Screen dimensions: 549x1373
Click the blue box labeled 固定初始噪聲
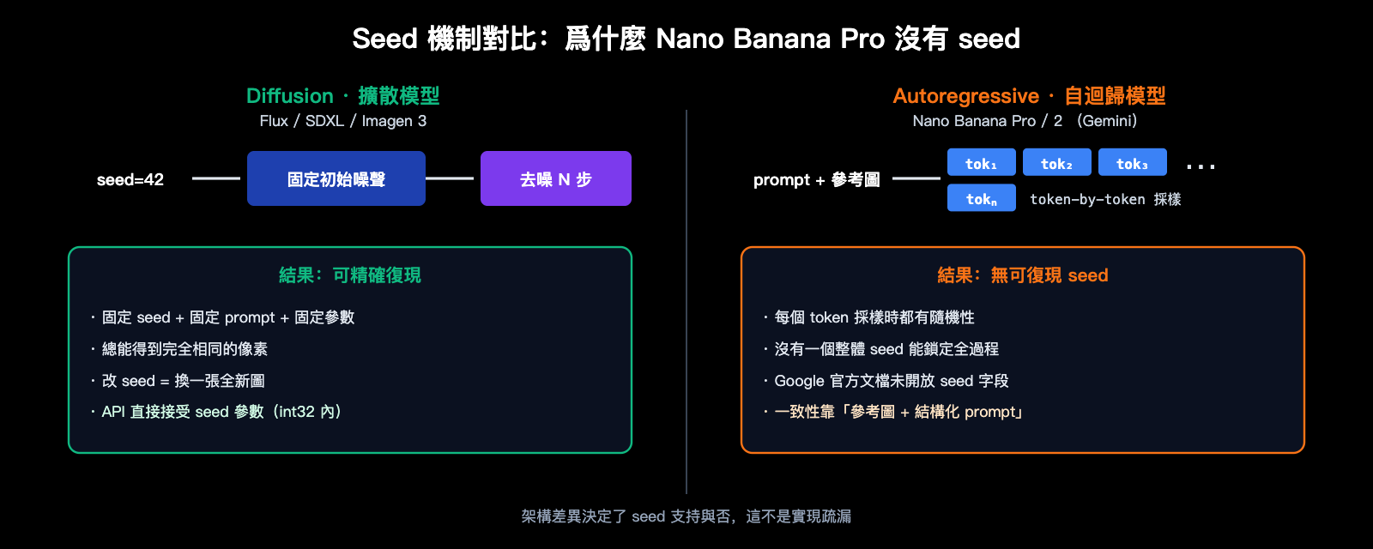coord(336,178)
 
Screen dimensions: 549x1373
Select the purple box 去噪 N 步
coord(555,178)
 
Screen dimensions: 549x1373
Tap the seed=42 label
coord(130,179)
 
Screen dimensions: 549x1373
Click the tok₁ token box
coord(981,162)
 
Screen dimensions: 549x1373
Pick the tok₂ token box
coord(1056,162)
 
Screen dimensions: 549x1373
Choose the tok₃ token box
coord(1132,162)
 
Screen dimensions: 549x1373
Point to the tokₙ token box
coord(981,198)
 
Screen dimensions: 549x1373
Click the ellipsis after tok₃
coord(1201,166)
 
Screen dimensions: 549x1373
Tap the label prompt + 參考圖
coord(816,179)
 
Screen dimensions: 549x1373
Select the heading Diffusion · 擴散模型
coord(342,95)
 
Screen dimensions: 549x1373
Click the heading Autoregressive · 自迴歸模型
coord(1029,95)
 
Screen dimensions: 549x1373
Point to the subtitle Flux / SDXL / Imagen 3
coord(342,121)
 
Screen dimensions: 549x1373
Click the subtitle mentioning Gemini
coord(1025,121)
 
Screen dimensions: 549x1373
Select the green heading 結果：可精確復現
coord(349,275)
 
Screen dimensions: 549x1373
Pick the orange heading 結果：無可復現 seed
coord(1022,275)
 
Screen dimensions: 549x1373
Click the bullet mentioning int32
coord(221,412)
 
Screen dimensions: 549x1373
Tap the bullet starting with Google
coord(891,381)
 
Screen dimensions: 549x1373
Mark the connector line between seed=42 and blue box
coord(216,178)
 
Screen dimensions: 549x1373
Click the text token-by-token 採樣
coord(1105,199)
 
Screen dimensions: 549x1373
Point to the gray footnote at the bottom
coord(686,516)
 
